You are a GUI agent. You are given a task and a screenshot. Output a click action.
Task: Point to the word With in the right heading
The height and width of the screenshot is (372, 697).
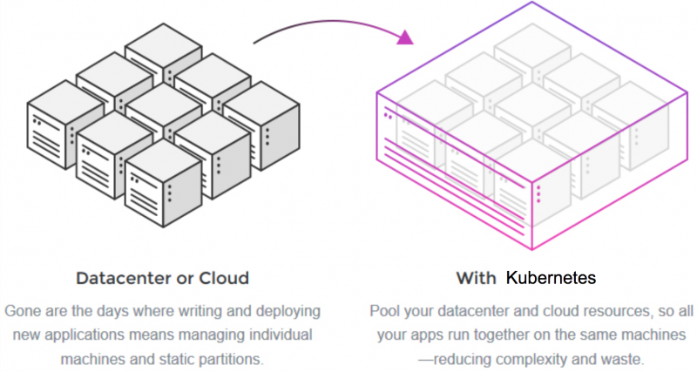[x=476, y=279]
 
